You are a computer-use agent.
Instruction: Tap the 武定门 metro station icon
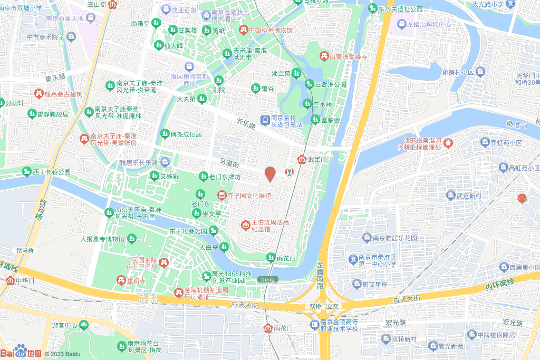[x=302, y=159]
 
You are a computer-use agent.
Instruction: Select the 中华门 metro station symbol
[x=10, y=280]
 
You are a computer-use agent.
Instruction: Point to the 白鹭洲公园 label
[x=330, y=84]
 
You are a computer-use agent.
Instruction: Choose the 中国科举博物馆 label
[x=270, y=30]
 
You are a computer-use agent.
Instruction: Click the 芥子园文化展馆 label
[x=249, y=196]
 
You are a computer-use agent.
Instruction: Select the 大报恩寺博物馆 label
[x=102, y=239]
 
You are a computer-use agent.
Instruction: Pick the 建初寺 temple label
[x=136, y=280]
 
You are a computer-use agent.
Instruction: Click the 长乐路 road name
[x=246, y=125]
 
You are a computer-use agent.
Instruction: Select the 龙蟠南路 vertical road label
[x=320, y=276]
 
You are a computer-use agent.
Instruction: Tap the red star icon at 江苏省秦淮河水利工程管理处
[x=448, y=142]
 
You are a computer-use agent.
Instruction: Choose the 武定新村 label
[x=469, y=196]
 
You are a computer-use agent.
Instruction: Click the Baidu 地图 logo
[x=21, y=352]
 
